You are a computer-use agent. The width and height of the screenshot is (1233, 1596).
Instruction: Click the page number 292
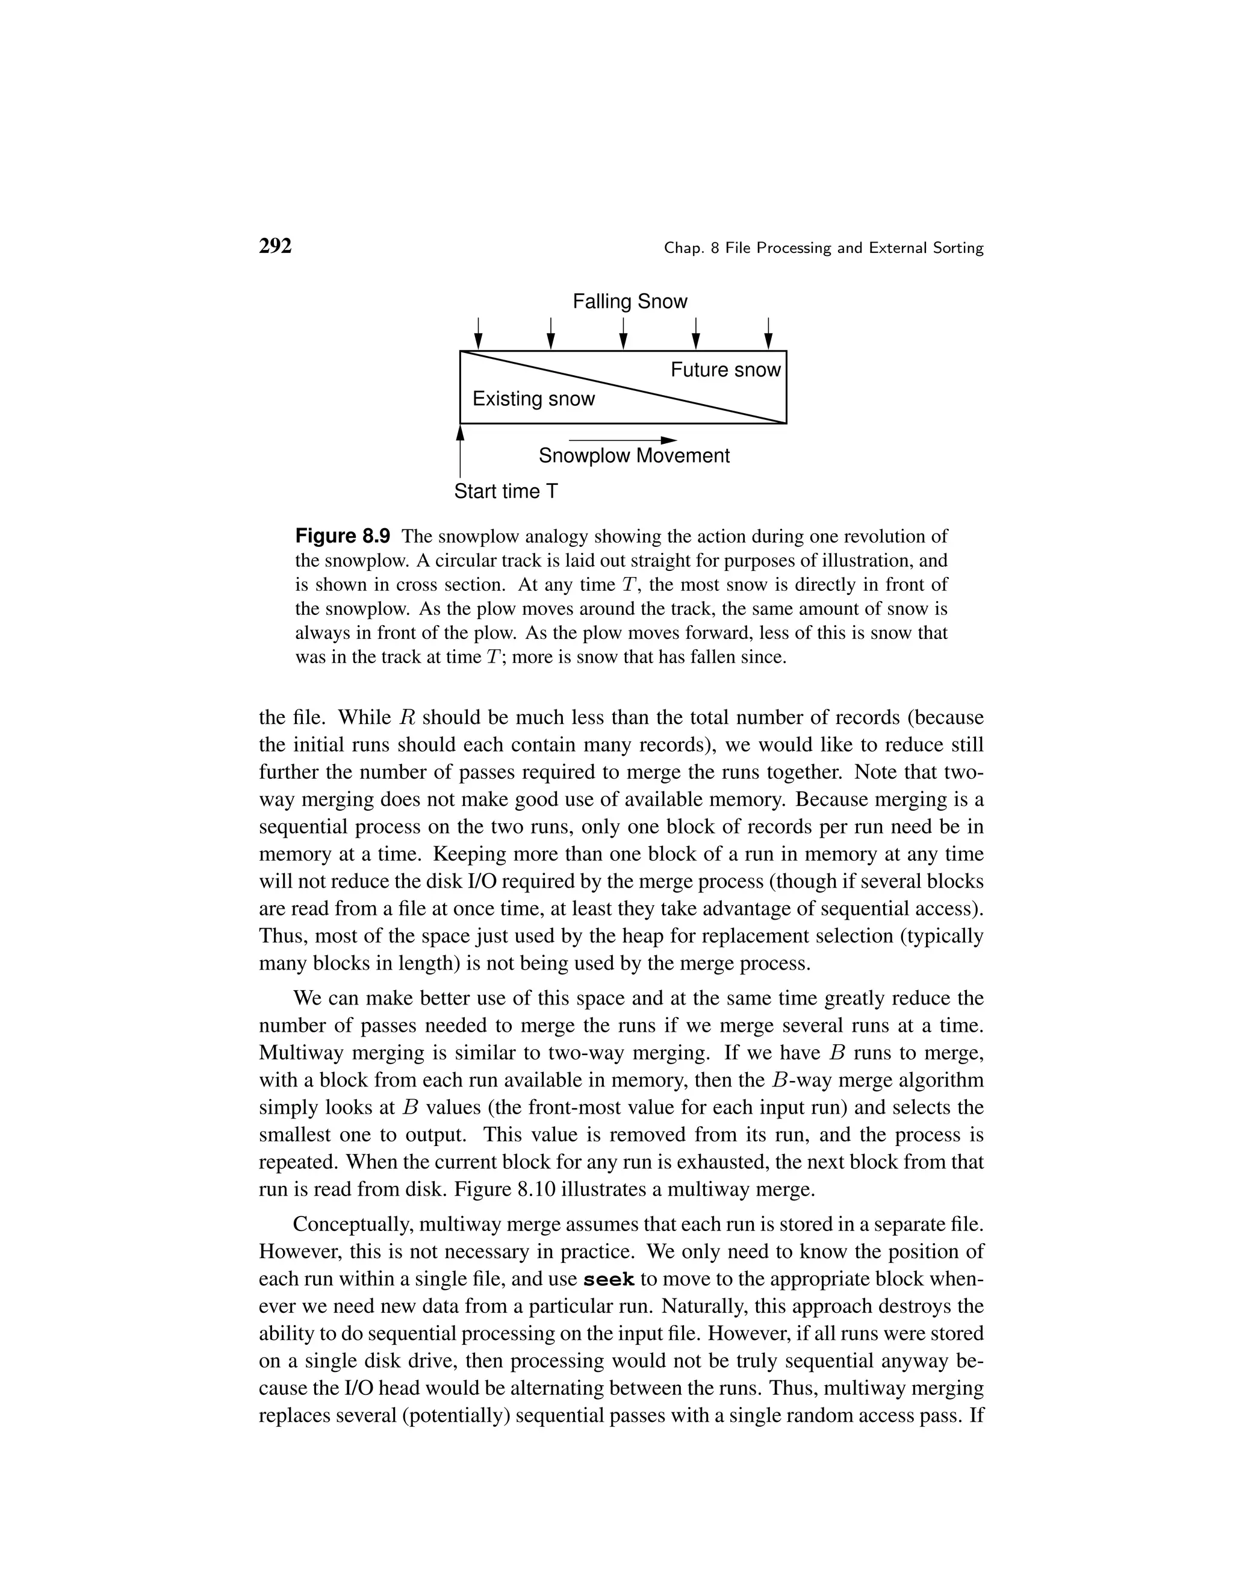(x=275, y=246)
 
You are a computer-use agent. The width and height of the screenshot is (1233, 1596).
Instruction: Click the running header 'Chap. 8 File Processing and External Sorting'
(x=823, y=249)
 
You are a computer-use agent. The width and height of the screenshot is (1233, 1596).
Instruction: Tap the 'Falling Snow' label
(x=630, y=301)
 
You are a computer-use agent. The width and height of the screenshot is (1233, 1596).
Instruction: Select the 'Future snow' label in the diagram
(x=725, y=370)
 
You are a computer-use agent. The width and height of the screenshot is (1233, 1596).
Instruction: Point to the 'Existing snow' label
(x=533, y=398)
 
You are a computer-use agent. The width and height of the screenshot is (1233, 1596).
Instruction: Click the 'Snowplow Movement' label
(x=634, y=455)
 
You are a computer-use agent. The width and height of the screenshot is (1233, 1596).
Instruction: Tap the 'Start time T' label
(x=506, y=491)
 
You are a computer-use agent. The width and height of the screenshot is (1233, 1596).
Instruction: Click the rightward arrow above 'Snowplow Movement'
(x=623, y=440)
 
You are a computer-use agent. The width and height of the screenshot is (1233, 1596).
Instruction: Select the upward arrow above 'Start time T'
(x=460, y=453)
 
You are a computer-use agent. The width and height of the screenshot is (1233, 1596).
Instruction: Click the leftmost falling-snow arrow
(x=479, y=334)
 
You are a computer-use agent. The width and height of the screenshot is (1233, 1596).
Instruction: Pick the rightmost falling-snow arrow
(x=768, y=334)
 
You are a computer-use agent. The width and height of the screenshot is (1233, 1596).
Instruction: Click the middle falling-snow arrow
(x=623, y=334)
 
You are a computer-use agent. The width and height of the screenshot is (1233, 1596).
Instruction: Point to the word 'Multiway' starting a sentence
(x=302, y=1053)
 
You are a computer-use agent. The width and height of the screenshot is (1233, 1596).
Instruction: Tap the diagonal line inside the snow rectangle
(x=623, y=387)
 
